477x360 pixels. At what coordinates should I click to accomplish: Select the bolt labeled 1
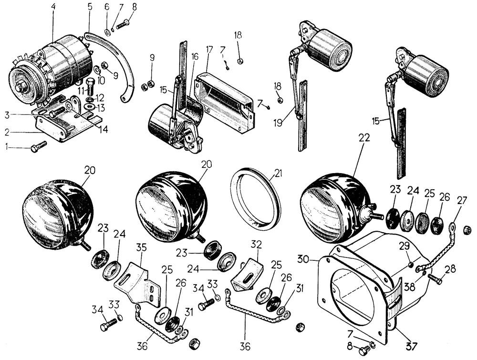click(39, 146)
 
